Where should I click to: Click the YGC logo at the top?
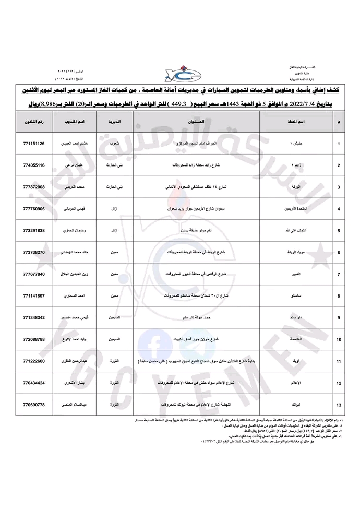[179, 72]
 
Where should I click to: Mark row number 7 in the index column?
[339, 274]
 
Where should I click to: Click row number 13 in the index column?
[339, 405]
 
